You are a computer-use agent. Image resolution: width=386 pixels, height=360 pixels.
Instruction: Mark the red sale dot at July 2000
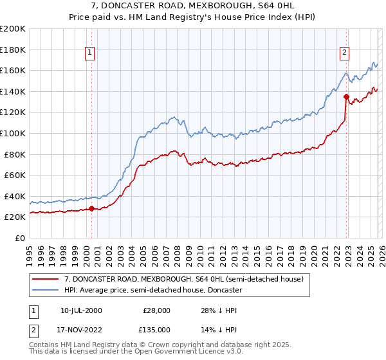tap(91, 208)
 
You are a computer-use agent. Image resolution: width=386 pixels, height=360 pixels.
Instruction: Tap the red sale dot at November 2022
tap(346, 96)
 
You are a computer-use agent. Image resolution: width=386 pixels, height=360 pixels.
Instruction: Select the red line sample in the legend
tap(46, 280)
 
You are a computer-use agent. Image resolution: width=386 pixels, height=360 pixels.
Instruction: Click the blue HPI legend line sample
tap(46, 291)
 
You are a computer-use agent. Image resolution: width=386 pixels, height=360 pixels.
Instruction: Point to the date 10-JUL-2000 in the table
tap(81, 310)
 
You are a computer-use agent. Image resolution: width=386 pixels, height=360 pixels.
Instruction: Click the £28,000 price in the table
tap(156, 310)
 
